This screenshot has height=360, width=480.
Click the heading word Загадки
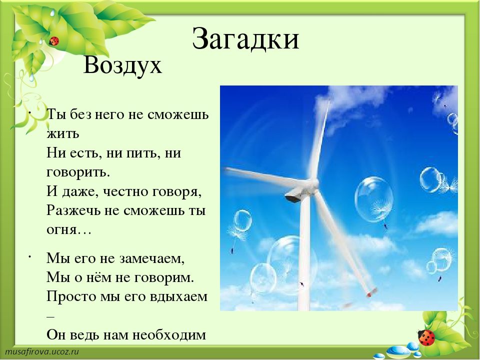[245, 39]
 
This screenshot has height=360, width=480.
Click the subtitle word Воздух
[122, 65]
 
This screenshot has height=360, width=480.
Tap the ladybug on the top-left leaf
[54, 40]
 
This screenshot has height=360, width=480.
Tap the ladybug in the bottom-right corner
[426, 337]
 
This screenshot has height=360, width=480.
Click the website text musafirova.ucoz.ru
[42, 351]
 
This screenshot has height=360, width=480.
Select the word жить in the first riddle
[63, 134]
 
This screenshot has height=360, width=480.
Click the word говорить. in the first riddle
[78, 173]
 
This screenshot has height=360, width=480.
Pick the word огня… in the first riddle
[69, 230]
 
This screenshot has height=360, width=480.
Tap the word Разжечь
[73, 210]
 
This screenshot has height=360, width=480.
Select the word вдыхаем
[179, 296]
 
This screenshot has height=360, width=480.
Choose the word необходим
[169, 335]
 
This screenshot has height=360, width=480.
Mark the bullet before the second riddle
[30, 256]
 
